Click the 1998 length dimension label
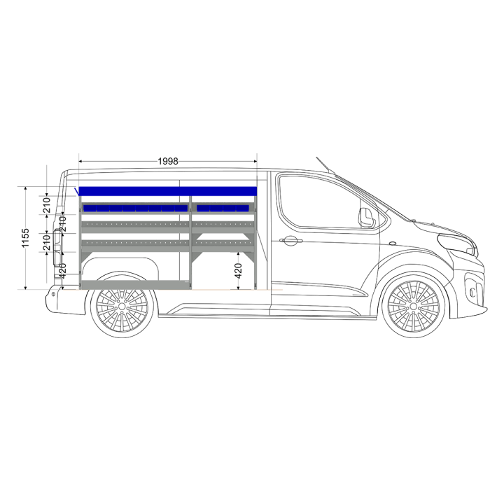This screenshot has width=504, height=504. click(x=168, y=161)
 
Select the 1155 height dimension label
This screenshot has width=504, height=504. click(x=25, y=238)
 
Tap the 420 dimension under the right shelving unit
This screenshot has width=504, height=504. click(x=238, y=271)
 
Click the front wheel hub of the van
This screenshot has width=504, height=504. click(x=413, y=307)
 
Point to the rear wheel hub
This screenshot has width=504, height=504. click(x=122, y=307)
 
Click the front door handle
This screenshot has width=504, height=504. click(x=290, y=240)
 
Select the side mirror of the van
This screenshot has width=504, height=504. click(x=367, y=218)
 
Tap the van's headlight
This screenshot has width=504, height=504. click(x=457, y=244)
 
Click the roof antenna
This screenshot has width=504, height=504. click(x=325, y=165)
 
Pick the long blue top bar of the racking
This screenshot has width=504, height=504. click(x=168, y=191)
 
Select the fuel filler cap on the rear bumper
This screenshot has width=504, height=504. click(x=53, y=294)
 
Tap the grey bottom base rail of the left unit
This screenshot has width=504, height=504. click(x=136, y=285)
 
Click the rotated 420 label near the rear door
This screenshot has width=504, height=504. click(x=62, y=271)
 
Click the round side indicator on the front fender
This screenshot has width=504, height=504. click(x=393, y=244)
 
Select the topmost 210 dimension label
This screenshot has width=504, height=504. click(x=47, y=205)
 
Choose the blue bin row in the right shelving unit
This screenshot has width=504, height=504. click(x=223, y=209)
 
